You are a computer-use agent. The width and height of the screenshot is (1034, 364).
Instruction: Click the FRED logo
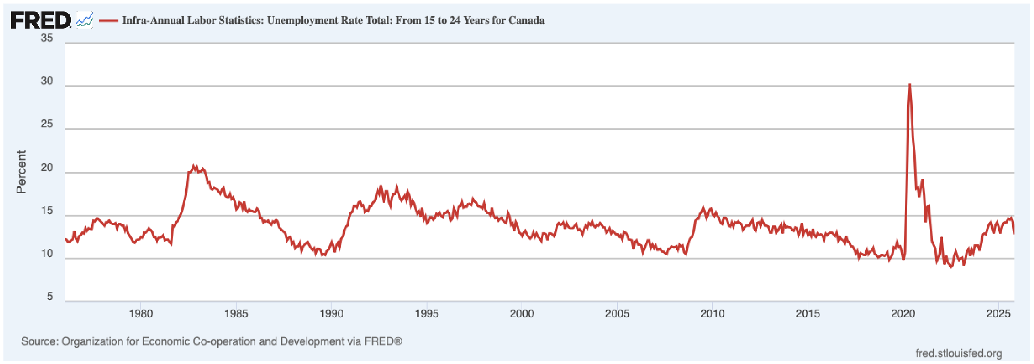pos(41,20)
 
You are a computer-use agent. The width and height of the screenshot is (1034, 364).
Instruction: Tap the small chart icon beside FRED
pos(84,20)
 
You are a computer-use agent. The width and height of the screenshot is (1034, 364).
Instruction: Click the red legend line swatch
pos(108,21)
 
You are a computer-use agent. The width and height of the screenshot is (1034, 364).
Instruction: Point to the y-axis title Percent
pos(21,172)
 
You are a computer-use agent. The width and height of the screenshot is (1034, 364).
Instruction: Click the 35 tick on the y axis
pos(47,38)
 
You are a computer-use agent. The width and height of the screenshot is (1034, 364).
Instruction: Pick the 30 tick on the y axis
pos(47,81)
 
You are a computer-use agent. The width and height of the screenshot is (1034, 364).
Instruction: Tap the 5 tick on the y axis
pos(50,296)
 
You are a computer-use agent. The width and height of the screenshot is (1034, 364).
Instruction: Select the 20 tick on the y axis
pos(47,167)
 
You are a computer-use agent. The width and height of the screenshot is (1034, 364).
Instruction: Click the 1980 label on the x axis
pos(141,313)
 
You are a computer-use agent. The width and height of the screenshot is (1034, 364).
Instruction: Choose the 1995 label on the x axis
pos(427,313)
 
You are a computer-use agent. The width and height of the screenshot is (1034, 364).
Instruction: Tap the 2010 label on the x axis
pos(712,313)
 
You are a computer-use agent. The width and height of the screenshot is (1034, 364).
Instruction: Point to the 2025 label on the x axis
pos(998,313)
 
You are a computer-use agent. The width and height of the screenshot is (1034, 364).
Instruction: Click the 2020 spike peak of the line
pos(909,85)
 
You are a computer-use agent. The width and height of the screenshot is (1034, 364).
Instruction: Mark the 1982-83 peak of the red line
pos(194,166)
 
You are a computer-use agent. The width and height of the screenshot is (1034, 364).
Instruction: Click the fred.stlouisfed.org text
pos(958,353)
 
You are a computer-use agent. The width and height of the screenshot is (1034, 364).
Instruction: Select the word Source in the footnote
pos(39,342)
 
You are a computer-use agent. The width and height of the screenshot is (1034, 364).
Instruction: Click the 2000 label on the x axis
pos(522,313)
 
